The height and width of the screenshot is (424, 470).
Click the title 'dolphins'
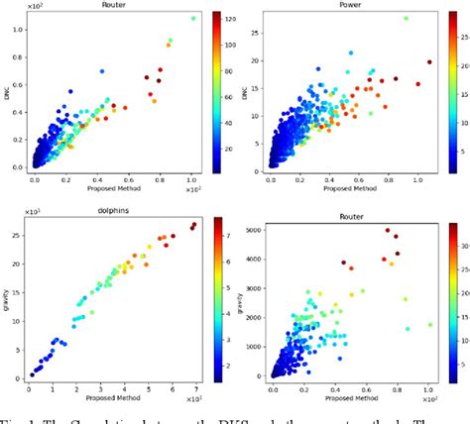(x=113, y=211)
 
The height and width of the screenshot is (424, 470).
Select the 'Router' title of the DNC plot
(x=113, y=5)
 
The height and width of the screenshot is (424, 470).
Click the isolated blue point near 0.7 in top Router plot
(x=102, y=71)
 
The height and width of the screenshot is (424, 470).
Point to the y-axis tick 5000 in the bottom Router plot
(x=256, y=231)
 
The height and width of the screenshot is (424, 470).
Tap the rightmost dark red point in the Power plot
(x=429, y=61)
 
